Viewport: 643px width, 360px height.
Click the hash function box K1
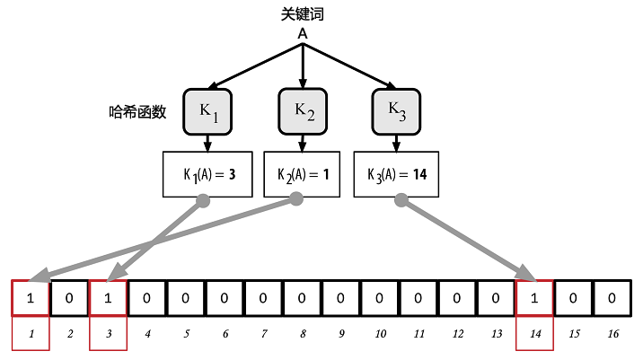[x=207, y=112]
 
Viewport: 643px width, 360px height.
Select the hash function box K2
[x=303, y=111]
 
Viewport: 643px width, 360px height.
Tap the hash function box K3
[x=396, y=111]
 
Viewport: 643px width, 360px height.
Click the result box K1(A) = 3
[x=207, y=174]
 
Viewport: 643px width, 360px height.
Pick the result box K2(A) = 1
[x=302, y=174]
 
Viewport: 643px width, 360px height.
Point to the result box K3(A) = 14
[x=396, y=174]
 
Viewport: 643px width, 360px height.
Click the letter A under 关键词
[x=303, y=33]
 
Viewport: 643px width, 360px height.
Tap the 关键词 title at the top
[x=303, y=14]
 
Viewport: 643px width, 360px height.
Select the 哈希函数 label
[x=137, y=111]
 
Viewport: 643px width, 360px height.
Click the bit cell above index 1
[x=31, y=298]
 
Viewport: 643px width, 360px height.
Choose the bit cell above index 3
[x=108, y=298]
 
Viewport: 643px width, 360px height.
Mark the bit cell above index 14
[x=534, y=298]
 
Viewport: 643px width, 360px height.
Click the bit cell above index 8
[x=302, y=298]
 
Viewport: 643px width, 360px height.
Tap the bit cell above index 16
[x=612, y=298]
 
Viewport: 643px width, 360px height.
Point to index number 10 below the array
[x=380, y=334]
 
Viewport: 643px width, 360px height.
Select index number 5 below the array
[x=186, y=334]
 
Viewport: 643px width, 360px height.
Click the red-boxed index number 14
[x=535, y=334]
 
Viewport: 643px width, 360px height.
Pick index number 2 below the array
[x=70, y=334]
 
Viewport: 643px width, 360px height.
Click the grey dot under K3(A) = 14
[x=401, y=200]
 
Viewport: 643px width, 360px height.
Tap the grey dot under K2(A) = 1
[x=296, y=199]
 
